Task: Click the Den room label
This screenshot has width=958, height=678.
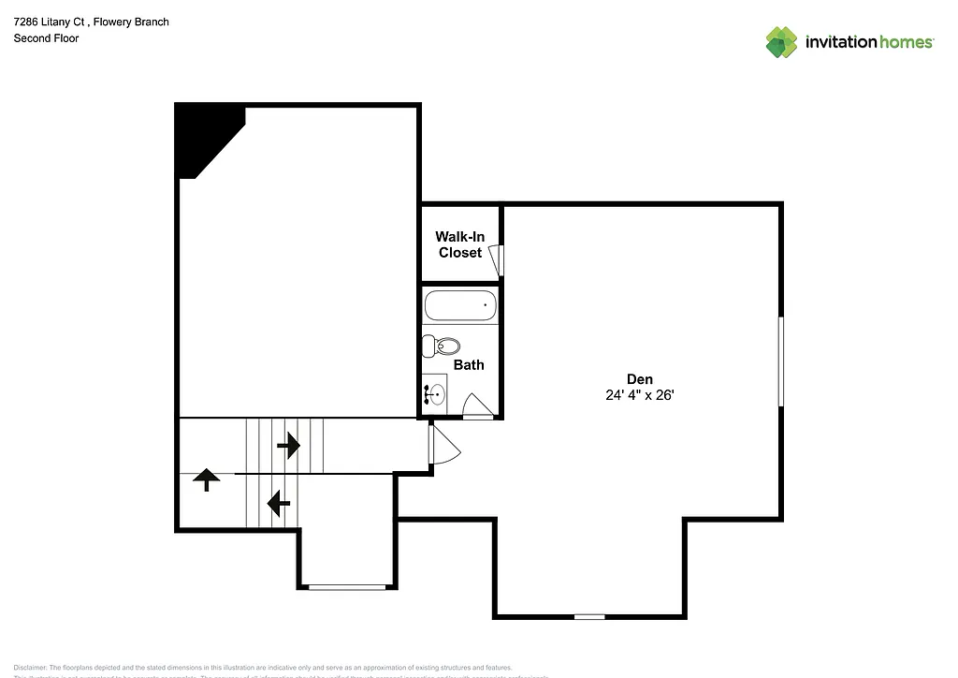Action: [639, 379]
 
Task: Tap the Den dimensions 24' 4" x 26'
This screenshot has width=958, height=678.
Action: [639, 396]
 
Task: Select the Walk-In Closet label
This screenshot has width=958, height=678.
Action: [458, 245]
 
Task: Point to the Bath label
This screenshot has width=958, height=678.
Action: [469, 365]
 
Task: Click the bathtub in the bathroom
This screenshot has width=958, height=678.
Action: [459, 306]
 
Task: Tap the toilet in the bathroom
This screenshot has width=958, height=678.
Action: [441, 346]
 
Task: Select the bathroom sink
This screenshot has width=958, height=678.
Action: [435, 394]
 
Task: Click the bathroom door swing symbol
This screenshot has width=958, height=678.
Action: [476, 405]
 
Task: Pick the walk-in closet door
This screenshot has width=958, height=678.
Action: [499, 259]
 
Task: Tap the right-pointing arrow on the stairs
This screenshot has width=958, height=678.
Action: [289, 445]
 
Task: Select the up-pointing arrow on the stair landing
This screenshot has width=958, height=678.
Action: [206, 480]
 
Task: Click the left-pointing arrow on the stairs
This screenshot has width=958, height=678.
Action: [278, 504]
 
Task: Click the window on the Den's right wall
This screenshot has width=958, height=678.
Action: [781, 361]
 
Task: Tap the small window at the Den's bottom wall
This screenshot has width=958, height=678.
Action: [589, 616]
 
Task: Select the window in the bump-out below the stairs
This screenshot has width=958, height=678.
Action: [347, 587]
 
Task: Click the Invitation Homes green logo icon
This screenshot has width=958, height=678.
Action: [781, 42]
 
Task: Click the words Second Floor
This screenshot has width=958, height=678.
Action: [46, 38]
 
